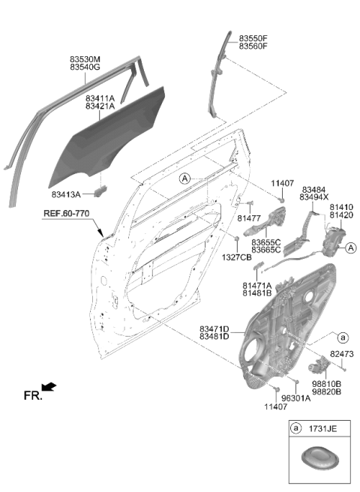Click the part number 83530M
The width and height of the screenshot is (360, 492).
pos(85,59)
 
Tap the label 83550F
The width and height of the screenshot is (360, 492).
pos(253,38)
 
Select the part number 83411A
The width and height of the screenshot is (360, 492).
pos(100,98)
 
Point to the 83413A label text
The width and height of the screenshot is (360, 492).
pos(66,194)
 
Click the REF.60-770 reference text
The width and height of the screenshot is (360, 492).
pos(66,213)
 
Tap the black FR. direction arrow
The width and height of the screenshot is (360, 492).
pos(49,386)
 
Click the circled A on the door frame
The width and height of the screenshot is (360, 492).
pos(184,178)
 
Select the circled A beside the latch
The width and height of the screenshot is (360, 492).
pos(350,248)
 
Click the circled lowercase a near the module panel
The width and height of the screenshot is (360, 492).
pos(343,337)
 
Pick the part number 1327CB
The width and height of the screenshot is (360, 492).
pos(237,257)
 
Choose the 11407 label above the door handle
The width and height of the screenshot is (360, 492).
pos(283,183)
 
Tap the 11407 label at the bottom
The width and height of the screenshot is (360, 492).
pos(275,406)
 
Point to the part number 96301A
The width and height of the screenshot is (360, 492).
pos(295,398)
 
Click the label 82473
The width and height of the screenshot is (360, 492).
pos(341,354)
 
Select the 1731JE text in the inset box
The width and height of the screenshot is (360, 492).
pos(323,428)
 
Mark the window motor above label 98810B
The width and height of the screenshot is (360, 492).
pos(319,366)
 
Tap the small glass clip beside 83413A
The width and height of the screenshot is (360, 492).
pos(100,190)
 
